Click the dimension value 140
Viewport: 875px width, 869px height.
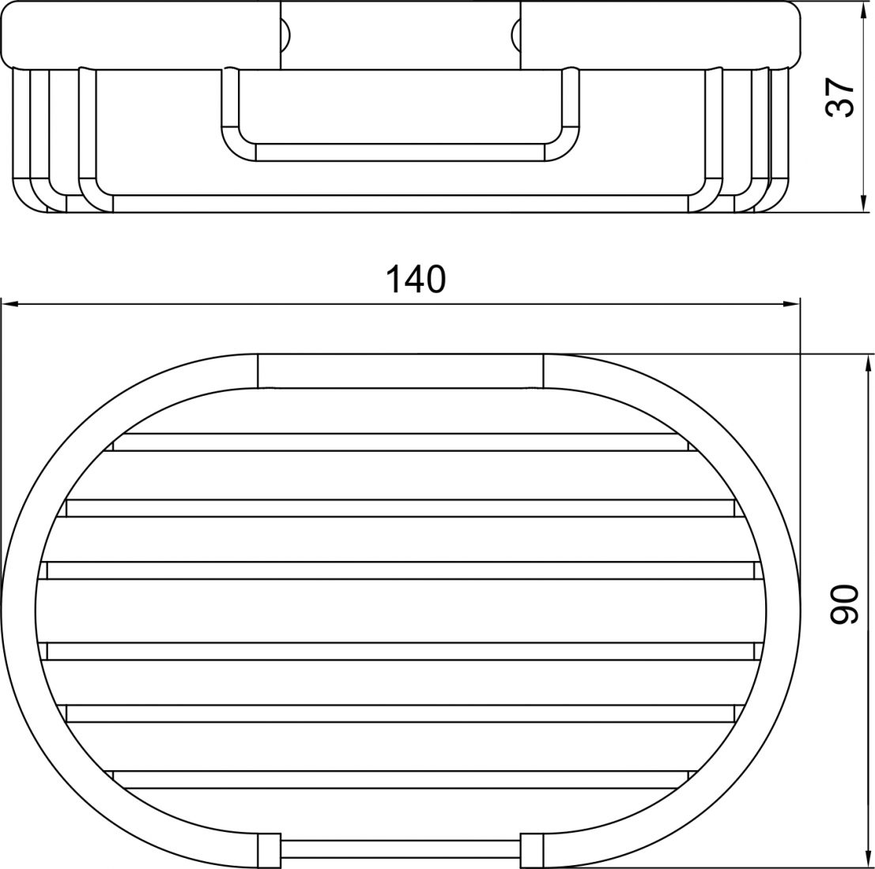[416, 280]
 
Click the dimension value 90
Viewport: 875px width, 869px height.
[843, 604]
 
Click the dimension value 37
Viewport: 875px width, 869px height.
[839, 97]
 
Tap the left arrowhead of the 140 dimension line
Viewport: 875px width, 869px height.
[10, 304]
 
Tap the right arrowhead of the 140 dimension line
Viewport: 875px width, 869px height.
[792, 304]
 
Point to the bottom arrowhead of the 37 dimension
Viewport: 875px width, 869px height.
[862, 204]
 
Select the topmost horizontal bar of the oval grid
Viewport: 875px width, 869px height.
[400, 442]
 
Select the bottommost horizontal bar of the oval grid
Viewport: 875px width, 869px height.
[400, 780]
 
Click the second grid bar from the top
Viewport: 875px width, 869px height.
[400, 508]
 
